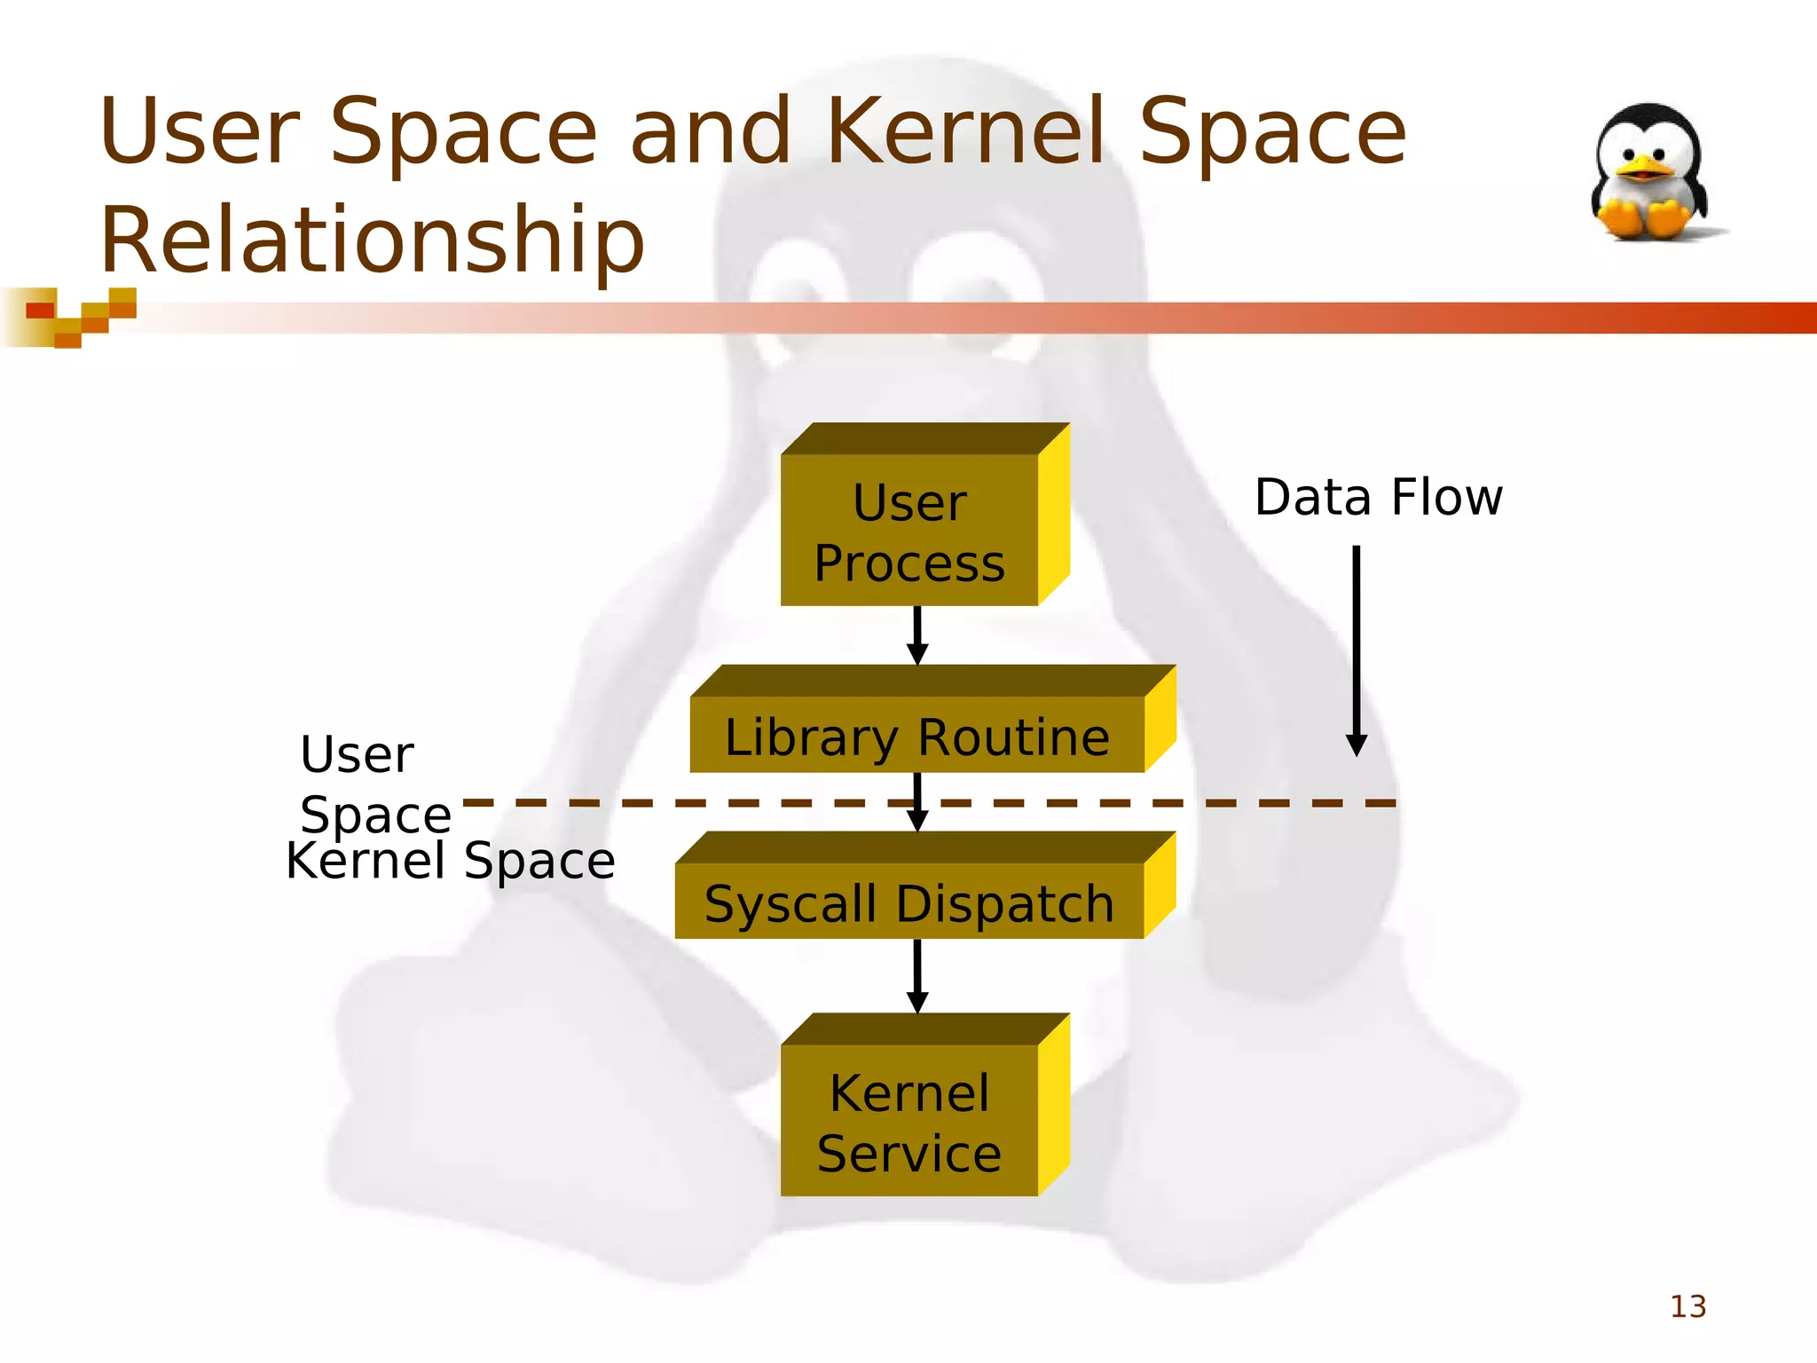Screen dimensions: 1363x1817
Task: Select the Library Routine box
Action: click(916, 735)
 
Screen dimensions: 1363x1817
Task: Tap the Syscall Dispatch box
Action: click(908, 902)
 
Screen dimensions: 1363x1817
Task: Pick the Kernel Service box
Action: click(909, 1120)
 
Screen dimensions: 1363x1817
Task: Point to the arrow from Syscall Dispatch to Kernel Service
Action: click(917, 975)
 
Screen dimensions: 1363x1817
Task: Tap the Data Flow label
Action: click(1378, 497)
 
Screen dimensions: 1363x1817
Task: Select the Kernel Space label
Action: click(450, 861)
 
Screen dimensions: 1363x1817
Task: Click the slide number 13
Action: click(1687, 1306)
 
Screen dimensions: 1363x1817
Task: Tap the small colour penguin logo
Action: click(1650, 173)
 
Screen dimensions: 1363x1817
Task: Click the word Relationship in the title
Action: click(373, 240)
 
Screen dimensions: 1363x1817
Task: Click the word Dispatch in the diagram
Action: click(1004, 903)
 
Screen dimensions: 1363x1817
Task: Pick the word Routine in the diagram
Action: click(1013, 737)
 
